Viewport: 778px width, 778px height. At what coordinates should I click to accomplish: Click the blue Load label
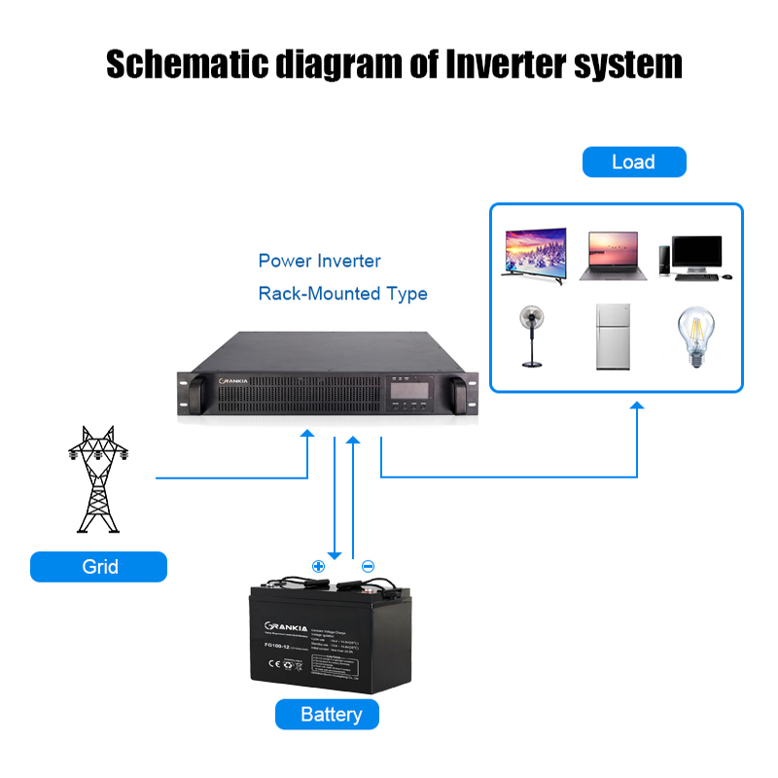coord(633,162)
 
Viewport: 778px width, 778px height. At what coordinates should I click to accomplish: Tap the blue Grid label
coord(98,566)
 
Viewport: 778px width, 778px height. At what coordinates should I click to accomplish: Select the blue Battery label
coord(331,715)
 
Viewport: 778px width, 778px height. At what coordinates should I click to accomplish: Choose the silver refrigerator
coord(612,336)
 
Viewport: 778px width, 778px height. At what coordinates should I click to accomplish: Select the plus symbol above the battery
coord(317,566)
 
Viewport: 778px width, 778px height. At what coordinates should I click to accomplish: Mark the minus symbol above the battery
coord(368,566)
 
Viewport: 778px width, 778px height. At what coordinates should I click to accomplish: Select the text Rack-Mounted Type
coord(342,294)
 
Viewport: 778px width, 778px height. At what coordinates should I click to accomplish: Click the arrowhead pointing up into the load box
coord(638,407)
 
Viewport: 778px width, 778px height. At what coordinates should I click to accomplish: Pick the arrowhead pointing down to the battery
coord(335,554)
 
